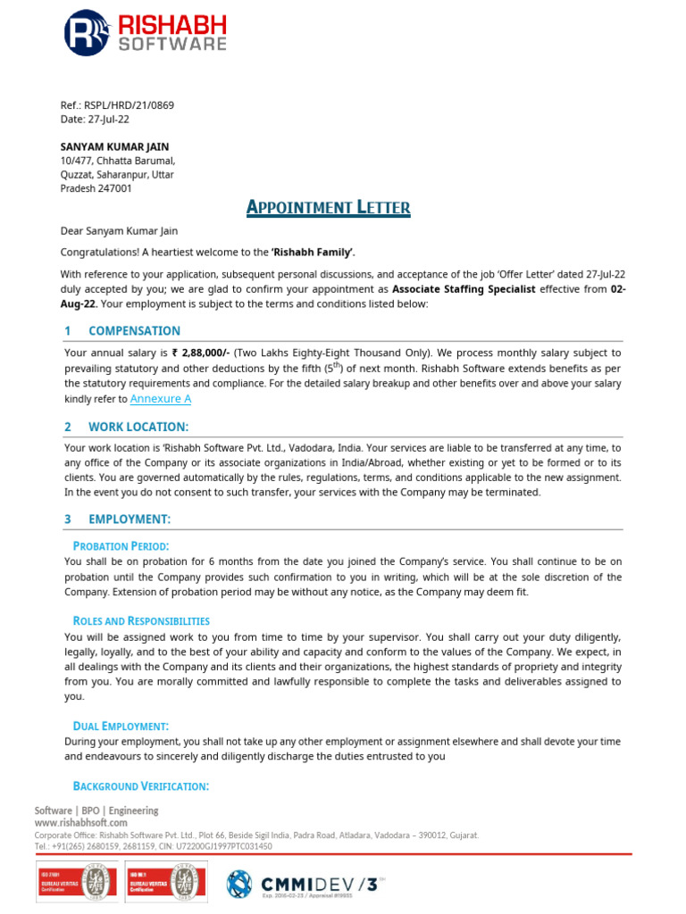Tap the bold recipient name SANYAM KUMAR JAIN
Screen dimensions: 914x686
pyautogui.click(x=114, y=146)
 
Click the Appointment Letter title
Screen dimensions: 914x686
pyautogui.click(x=328, y=208)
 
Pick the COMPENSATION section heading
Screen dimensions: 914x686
pyautogui.click(x=134, y=330)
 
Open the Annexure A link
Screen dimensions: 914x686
pyautogui.click(x=161, y=399)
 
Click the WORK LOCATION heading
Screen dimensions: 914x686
pyautogui.click(x=138, y=427)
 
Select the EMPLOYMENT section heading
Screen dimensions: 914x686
pyautogui.click(x=130, y=519)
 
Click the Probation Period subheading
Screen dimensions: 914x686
pyautogui.click(x=121, y=545)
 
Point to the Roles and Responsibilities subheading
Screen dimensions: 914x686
pyautogui.click(x=141, y=620)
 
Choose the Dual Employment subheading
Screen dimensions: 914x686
pyautogui.click(x=121, y=727)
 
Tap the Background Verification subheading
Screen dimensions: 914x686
pyautogui.click(x=140, y=785)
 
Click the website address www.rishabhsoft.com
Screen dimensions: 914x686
pyautogui.click(x=81, y=822)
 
